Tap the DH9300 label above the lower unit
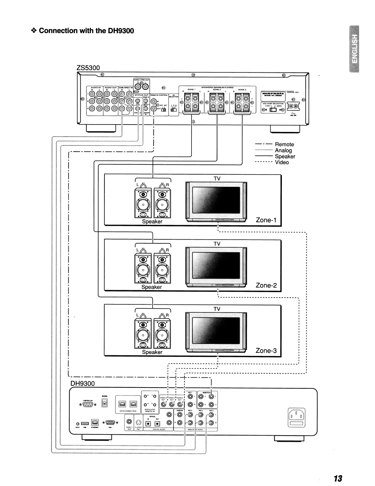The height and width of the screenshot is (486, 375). tap(83, 384)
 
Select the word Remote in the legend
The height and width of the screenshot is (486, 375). tap(284, 144)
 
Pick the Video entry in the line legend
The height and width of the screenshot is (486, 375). tap(282, 162)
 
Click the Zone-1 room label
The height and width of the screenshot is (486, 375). tap(266, 220)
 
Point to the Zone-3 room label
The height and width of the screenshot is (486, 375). tap(266, 351)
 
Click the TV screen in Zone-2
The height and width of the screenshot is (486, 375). tap(216, 266)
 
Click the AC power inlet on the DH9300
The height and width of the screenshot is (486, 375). tap(297, 418)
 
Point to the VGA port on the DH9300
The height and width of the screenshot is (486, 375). tap(110, 422)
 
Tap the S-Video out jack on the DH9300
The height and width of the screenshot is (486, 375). tap(138, 422)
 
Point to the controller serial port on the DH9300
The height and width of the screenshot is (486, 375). tap(88, 405)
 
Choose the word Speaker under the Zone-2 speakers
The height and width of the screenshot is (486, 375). tap(151, 287)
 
